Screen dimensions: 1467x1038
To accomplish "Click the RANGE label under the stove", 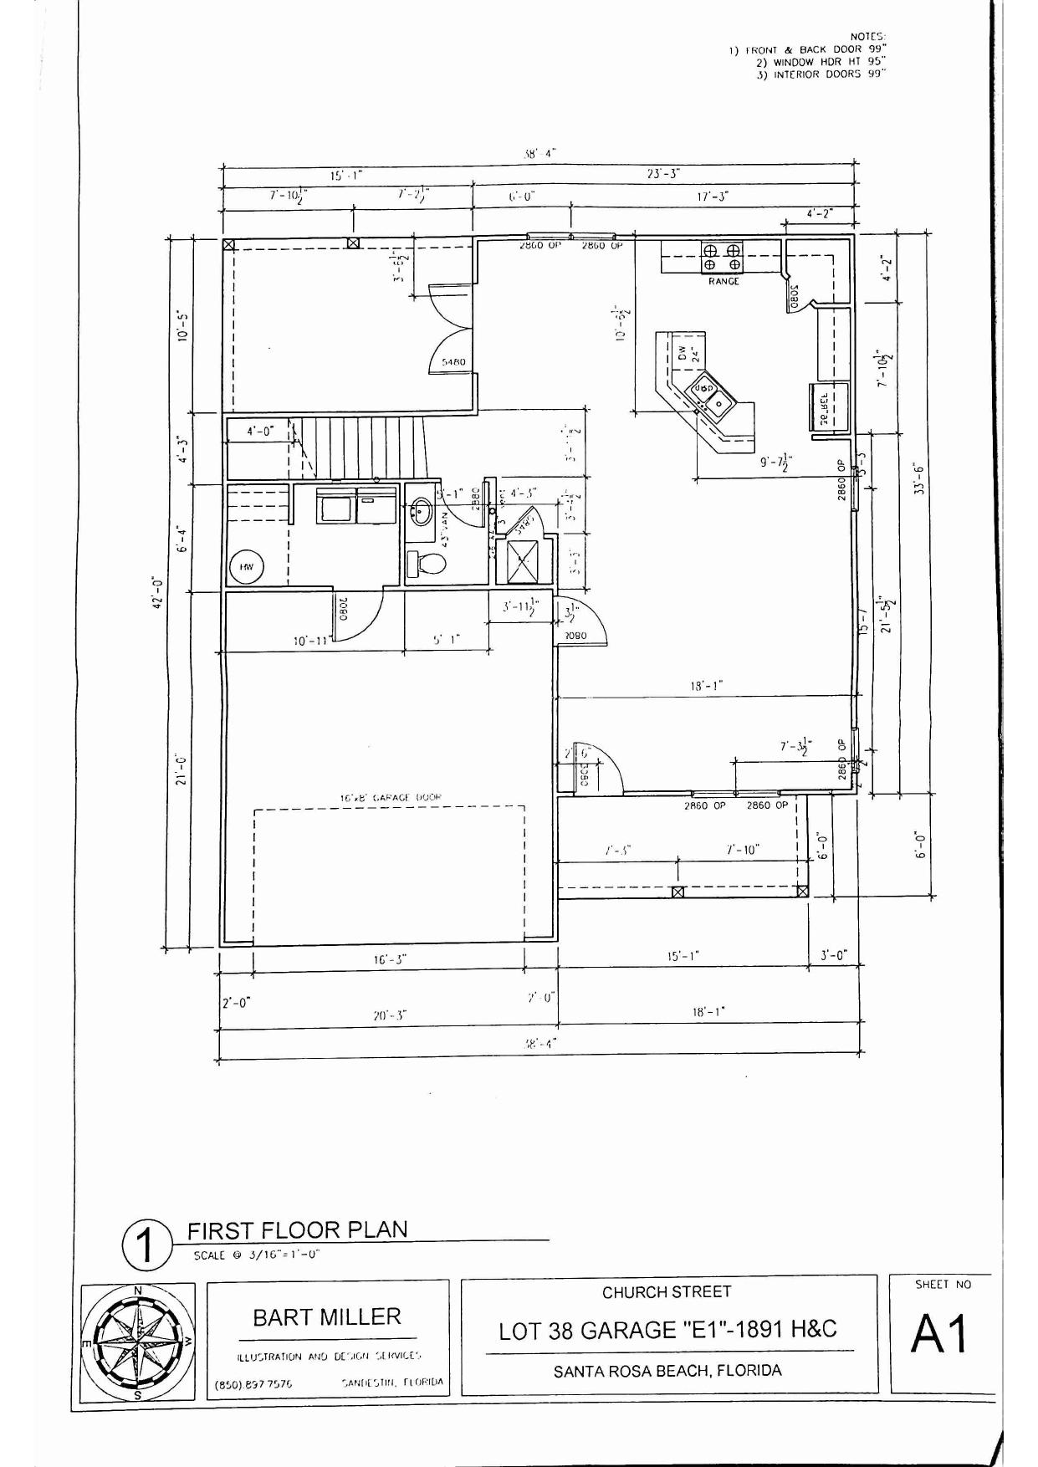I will tap(724, 282).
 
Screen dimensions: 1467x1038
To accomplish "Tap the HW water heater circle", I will tap(247, 566).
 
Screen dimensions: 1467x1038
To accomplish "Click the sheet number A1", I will tap(940, 1334).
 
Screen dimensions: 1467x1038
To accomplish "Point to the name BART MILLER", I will tap(327, 1317).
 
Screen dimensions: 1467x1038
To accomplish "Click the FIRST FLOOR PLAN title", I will tap(297, 1230).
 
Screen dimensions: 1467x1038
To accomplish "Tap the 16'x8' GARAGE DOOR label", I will tap(391, 798).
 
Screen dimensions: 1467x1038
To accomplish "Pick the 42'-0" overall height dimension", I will tap(158, 594).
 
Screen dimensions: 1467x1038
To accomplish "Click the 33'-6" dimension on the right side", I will tap(918, 478).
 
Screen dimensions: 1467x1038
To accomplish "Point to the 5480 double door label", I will tap(453, 362).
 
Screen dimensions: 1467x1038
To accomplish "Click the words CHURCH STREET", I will tap(667, 1292).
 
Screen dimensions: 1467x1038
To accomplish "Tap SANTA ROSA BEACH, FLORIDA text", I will tap(667, 1371).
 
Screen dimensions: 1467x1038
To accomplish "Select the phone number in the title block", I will tap(253, 1384).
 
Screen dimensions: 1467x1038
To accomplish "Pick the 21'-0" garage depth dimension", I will tap(181, 769).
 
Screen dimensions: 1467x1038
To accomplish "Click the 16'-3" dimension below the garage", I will tap(390, 960).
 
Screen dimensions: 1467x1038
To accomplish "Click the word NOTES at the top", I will tap(867, 37).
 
